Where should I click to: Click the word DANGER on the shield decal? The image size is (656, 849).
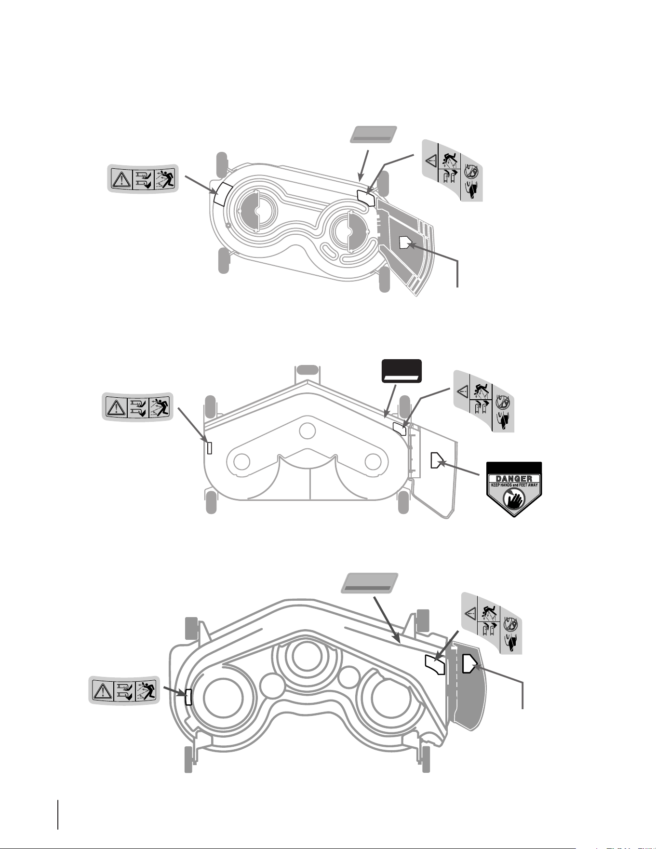pos(514,478)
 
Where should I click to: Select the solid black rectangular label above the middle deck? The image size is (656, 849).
pos(402,371)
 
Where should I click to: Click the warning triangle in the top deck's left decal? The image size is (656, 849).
pos(121,179)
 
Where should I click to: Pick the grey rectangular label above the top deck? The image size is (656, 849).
pos(373,135)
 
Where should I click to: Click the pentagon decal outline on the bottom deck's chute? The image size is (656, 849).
pos(469,663)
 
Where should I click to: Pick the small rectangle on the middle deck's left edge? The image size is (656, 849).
pos(209,448)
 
